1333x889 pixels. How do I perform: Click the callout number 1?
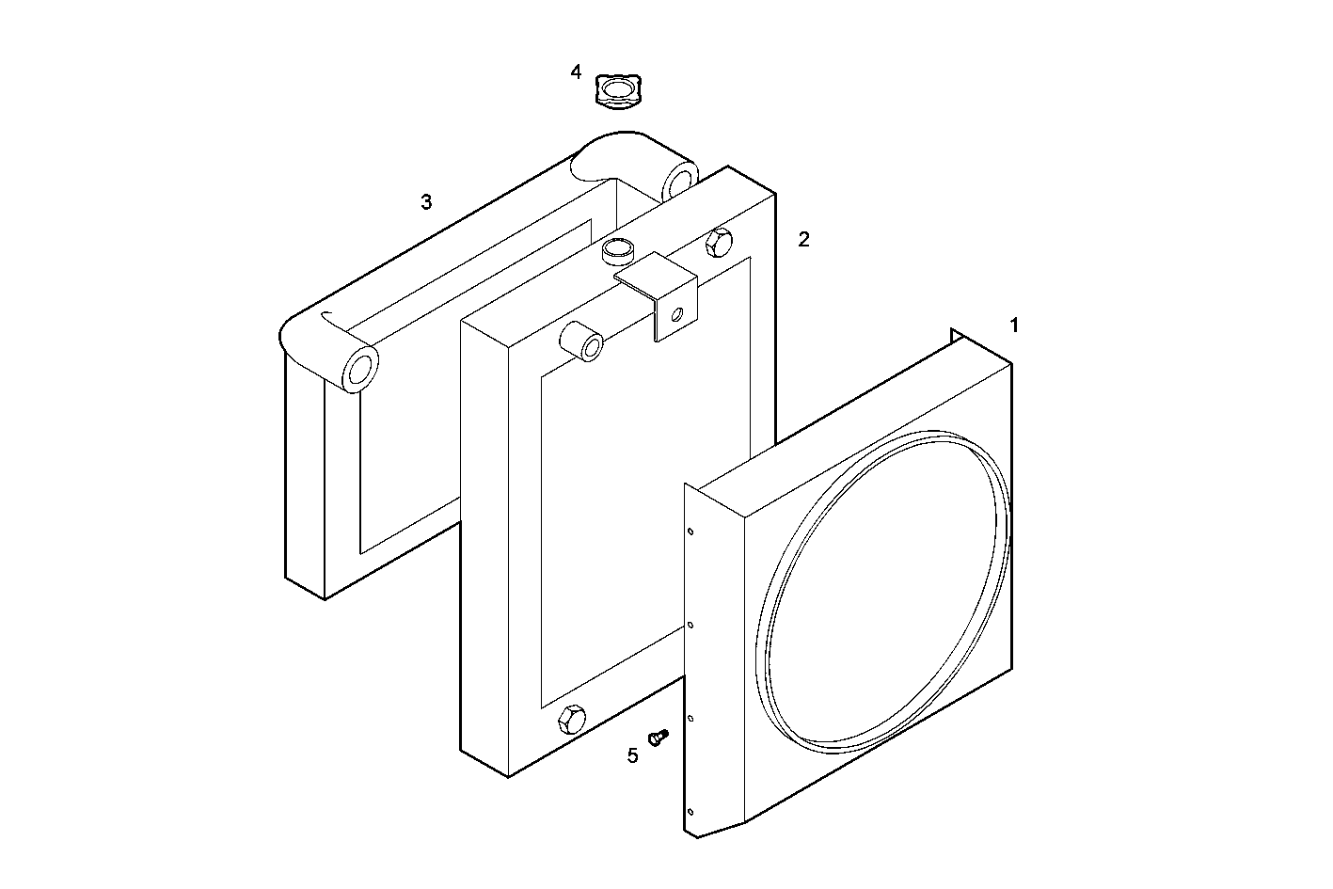1014,325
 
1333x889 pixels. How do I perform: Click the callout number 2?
803,239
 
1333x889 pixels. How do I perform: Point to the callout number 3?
426,201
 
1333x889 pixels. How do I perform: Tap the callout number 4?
576,71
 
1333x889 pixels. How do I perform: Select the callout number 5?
632,754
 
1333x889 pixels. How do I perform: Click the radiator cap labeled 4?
616,91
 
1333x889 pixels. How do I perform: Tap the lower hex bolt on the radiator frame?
571,721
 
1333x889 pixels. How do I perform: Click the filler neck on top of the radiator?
617,250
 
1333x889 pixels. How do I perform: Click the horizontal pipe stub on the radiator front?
584,343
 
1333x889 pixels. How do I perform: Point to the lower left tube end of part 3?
358,370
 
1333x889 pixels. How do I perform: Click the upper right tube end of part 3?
679,180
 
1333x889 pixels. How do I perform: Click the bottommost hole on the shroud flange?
690,811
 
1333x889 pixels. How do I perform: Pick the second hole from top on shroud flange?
691,624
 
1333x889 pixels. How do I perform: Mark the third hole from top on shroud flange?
691,718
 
